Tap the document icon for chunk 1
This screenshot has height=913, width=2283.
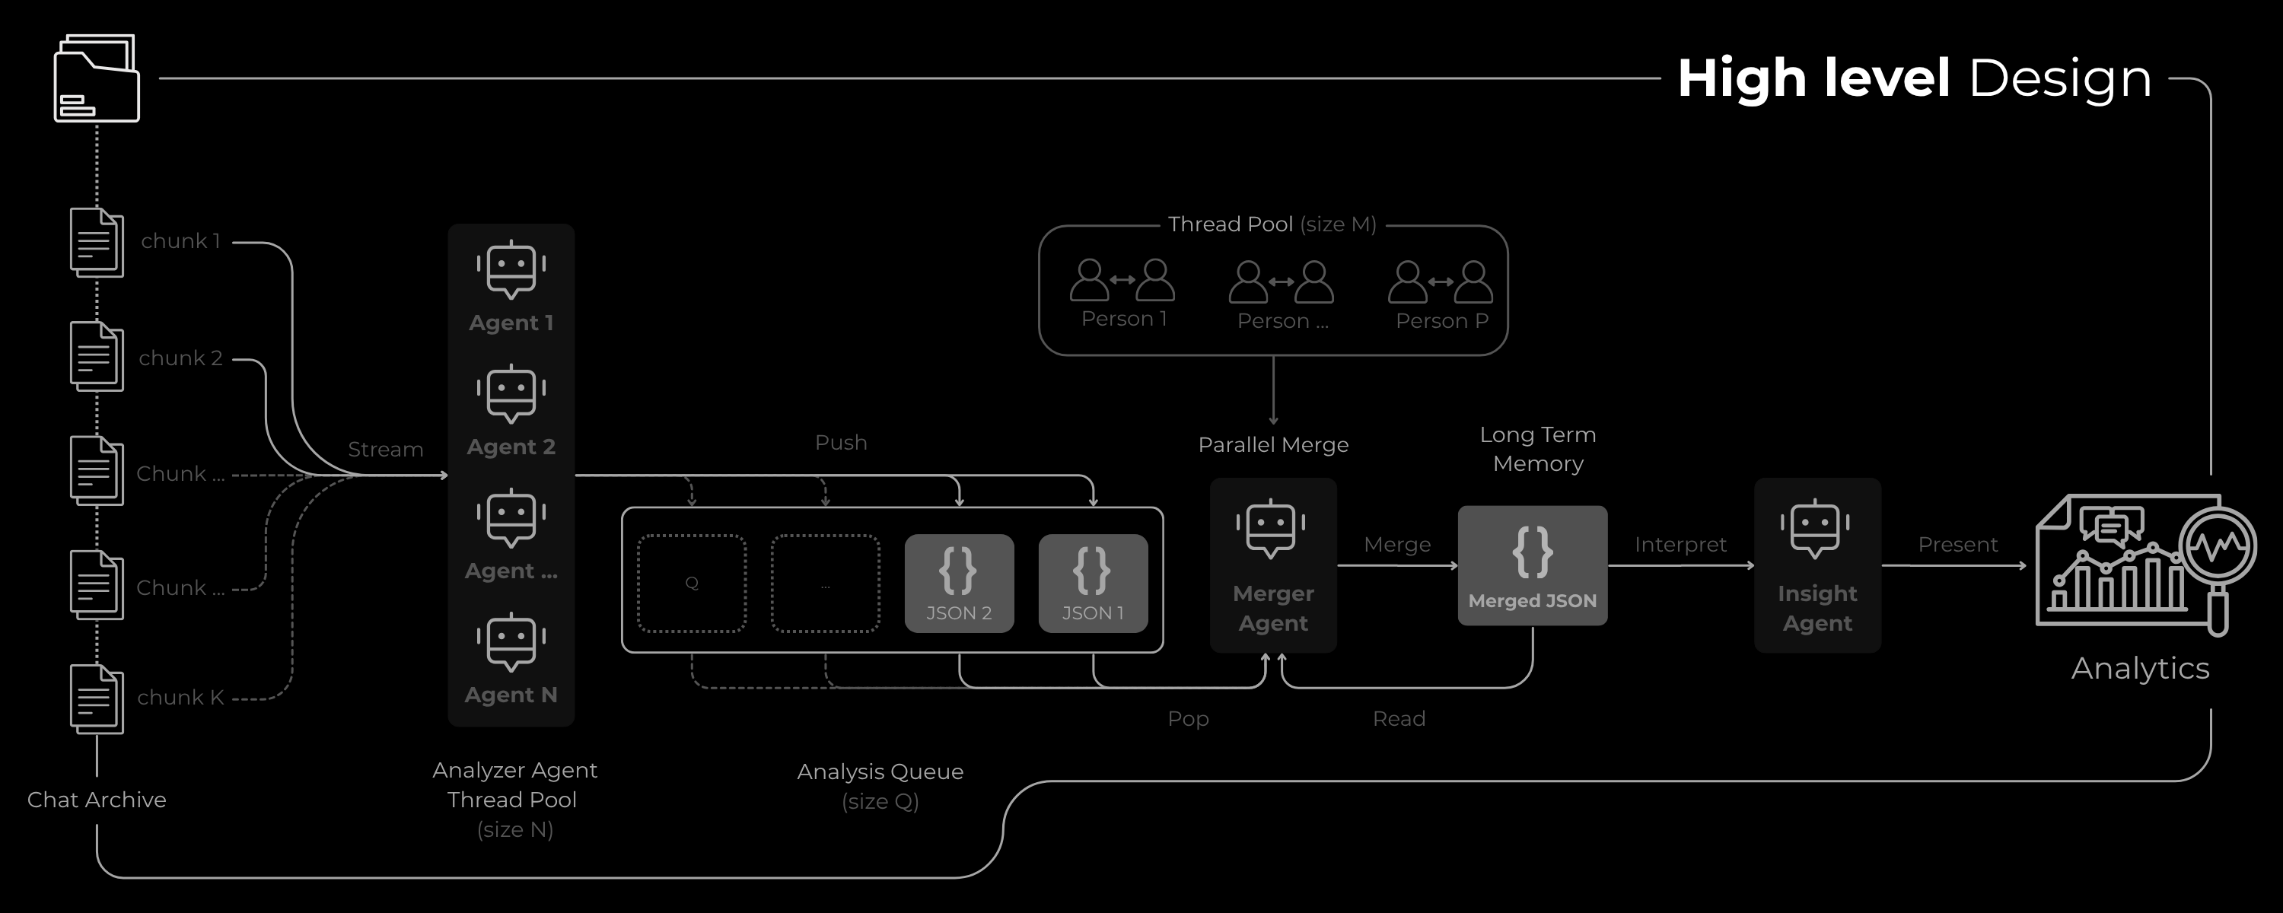coord(97,242)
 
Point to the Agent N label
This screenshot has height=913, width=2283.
coord(511,695)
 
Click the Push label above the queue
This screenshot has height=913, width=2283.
coord(841,442)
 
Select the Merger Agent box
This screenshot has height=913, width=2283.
coord(1272,565)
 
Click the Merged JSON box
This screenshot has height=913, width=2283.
coord(1533,565)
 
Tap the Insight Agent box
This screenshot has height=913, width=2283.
coord(1817,565)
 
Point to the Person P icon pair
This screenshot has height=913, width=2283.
coord(1440,282)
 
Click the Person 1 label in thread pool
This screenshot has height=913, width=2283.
coord(1124,319)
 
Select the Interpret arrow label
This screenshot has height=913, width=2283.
coord(1680,544)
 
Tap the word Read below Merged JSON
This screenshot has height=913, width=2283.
coord(1399,719)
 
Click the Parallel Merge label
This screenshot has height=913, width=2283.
coord(1272,445)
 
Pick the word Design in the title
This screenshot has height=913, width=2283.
coord(2060,78)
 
